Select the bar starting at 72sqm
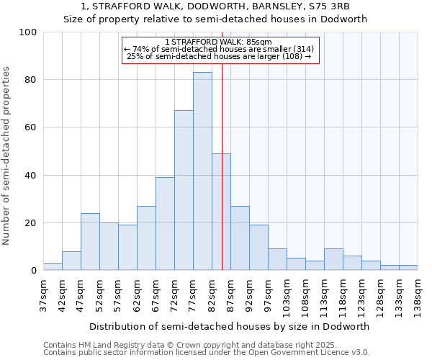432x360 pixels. (x=184, y=190)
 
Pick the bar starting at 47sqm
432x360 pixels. (x=90, y=242)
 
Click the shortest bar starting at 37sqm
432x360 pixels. (x=53, y=267)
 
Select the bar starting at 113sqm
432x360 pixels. (x=333, y=260)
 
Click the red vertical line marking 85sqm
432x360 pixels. (x=222, y=180)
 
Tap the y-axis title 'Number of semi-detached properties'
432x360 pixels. (x=7, y=156)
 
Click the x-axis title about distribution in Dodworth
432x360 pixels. (x=229, y=326)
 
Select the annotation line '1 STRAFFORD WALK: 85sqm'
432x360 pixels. (x=219, y=42)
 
